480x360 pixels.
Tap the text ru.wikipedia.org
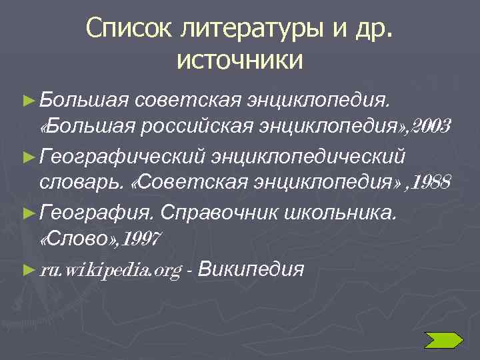point(111,270)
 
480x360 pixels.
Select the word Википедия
point(251,269)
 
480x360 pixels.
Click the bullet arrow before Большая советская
point(27,101)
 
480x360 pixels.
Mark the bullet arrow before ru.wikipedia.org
point(27,269)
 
